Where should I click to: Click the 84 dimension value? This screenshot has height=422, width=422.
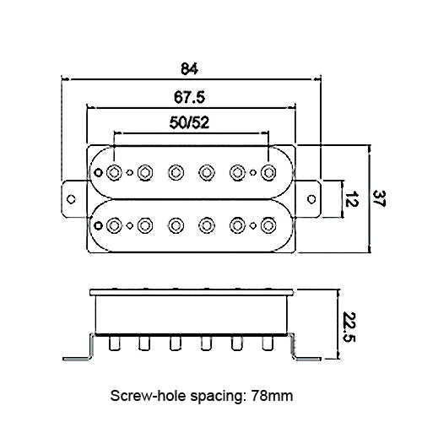click(189, 68)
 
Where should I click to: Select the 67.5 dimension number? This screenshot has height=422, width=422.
click(189, 97)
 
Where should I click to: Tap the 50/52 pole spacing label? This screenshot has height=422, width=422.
click(189, 122)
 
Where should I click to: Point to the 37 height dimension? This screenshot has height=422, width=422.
click(378, 198)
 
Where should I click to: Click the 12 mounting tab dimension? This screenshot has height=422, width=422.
click(351, 199)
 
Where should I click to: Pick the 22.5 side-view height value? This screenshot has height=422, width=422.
click(349, 327)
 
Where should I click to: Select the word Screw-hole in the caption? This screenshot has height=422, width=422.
click(148, 396)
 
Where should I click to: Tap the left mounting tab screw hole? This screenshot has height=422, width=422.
click(71, 199)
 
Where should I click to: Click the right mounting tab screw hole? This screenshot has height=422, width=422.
click(311, 199)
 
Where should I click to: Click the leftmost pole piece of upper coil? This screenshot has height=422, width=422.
click(114, 172)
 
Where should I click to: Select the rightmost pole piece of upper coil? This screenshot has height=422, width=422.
click(268, 172)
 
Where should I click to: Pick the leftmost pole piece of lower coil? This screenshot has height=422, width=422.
click(114, 225)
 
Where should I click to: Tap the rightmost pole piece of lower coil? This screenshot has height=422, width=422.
click(268, 225)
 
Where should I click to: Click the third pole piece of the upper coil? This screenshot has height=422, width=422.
click(176, 172)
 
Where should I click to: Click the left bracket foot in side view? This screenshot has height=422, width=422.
click(78, 352)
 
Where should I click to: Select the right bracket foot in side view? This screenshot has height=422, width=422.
click(306, 352)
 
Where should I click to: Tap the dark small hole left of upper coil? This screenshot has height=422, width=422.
click(98, 172)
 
